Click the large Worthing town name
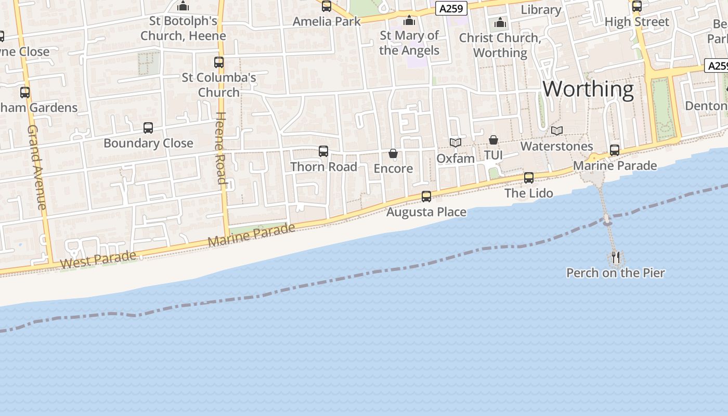point(588,89)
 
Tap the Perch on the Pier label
point(615,273)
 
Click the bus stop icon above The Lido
point(529,178)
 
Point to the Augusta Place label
point(426,212)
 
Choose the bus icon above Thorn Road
point(323,151)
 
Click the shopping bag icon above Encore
point(393,153)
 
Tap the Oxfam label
point(456,158)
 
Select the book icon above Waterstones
point(557,131)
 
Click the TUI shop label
point(493,155)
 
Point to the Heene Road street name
point(220,148)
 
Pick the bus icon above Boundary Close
point(148,127)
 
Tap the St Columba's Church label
point(219,85)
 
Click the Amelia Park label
point(327,21)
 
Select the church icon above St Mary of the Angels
point(409,20)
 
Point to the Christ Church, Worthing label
point(500,45)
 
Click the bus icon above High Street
point(636,6)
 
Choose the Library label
point(541,9)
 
